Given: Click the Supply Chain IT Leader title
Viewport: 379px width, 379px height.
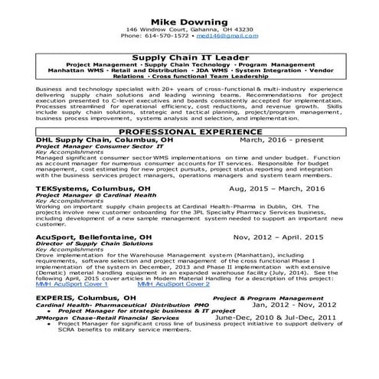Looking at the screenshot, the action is pos(189,57).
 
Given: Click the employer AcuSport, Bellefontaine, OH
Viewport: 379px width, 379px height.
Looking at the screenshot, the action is pos(94,237).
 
